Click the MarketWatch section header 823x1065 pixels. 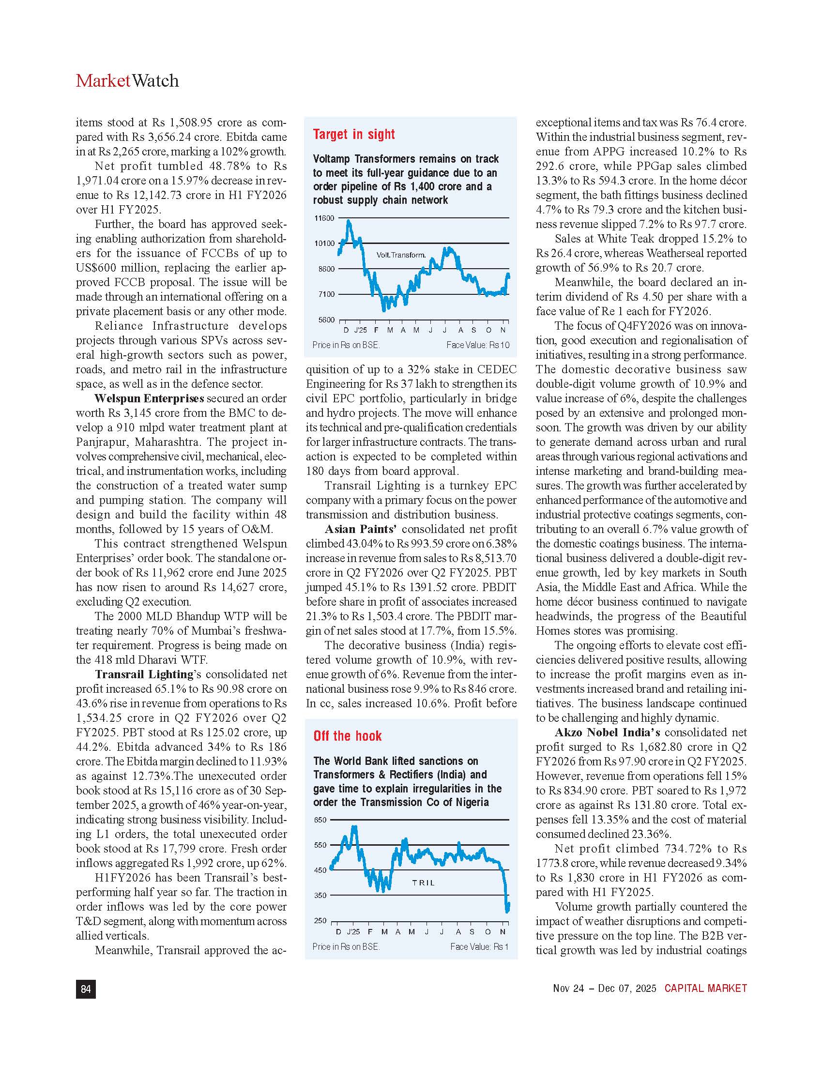[127, 81]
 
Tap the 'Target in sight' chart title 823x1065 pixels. [353, 135]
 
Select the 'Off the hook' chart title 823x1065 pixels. [347, 736]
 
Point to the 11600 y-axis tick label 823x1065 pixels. [324, 218]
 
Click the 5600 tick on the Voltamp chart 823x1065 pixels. [326, 320]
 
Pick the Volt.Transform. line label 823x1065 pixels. [401, 255]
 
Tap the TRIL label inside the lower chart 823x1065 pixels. [423, 882]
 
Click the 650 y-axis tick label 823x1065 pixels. [320, 820]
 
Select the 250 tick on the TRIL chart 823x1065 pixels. [320, 921]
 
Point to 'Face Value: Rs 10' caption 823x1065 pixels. [477, 345]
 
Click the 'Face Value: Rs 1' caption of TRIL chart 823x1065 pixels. [479, 946]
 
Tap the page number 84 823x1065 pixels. [86, 989]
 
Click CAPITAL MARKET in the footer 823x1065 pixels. [705, 989]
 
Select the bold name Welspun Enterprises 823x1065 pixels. [149, 398]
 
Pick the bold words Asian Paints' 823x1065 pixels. [360, 529]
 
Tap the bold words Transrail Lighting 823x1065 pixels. [144, 674]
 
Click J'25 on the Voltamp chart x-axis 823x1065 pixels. [360, 330]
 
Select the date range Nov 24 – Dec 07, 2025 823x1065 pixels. [604, 989]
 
